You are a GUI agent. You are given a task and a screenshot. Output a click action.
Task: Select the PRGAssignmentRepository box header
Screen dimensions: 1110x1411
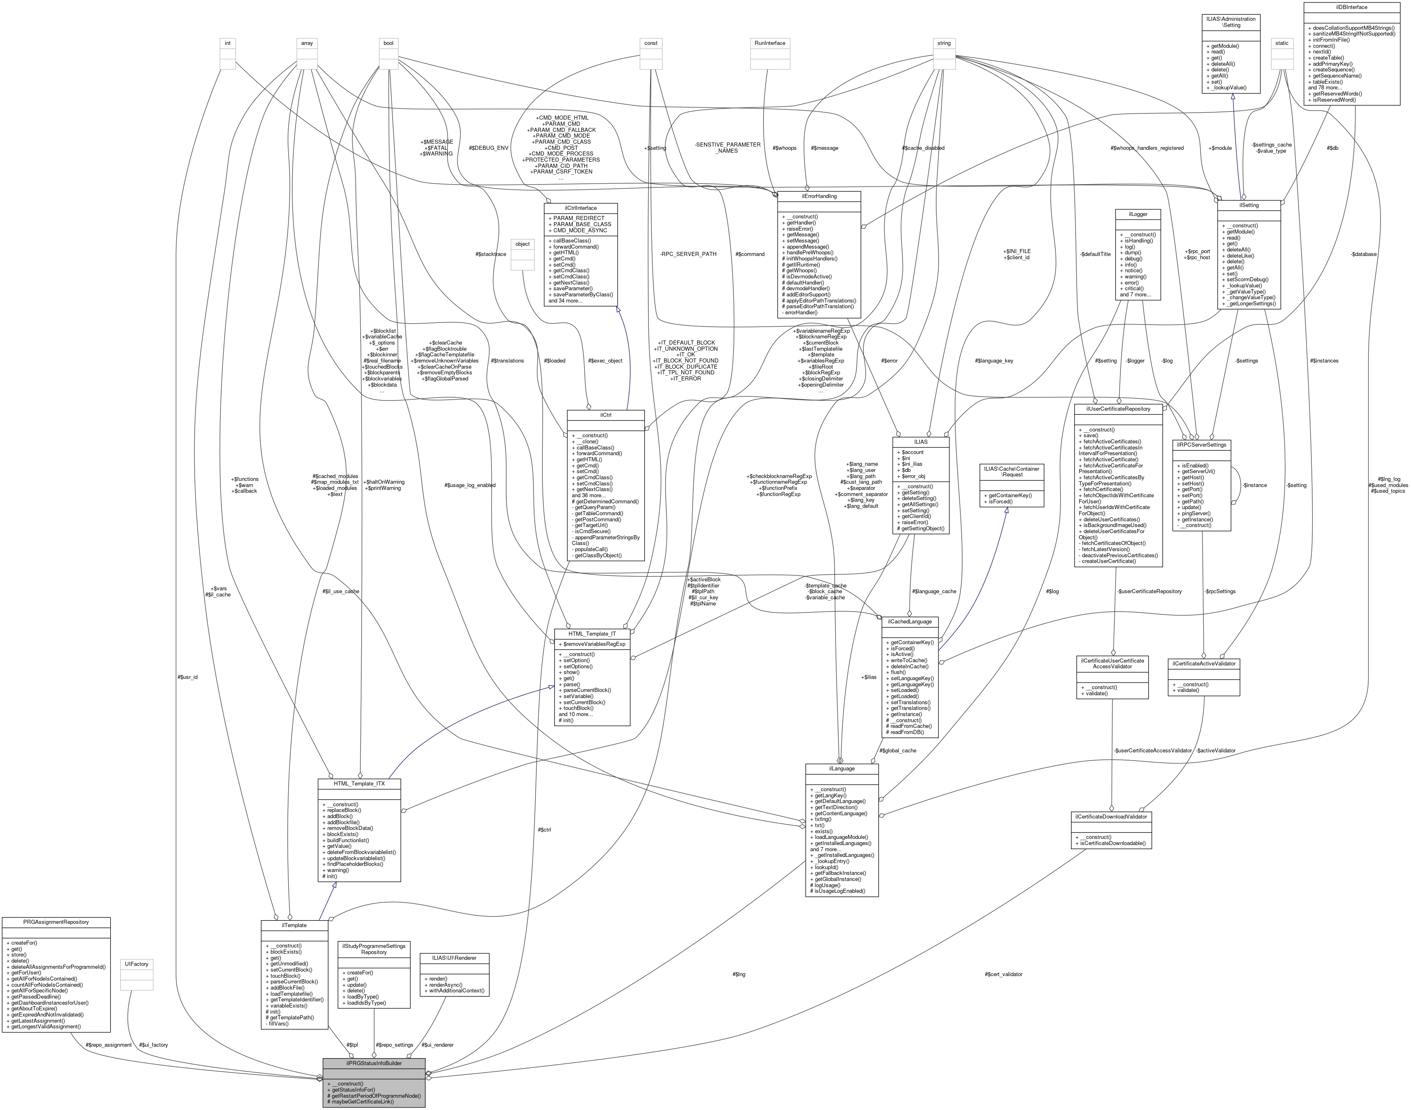pyautogui.click(x=56, y=921)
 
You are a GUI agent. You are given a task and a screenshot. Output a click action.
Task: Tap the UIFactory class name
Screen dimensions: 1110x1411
pyautogui.click(x=136, y=964)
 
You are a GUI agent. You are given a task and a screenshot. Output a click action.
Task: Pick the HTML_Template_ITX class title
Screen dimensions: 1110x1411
pyautogui.click(x=359, y=784)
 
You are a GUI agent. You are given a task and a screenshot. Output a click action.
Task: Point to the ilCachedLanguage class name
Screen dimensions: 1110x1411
pyautogui.click(x=909, y=621)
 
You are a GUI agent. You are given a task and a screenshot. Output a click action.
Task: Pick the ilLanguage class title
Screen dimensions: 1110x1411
pyautogui.click(x=842, y=768)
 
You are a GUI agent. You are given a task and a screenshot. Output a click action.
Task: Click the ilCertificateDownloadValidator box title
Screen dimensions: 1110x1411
pyautogui.click(x=1111, y=816)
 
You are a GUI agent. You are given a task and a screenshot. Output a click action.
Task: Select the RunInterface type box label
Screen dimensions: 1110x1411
pyautogui.click(x=770, y=43)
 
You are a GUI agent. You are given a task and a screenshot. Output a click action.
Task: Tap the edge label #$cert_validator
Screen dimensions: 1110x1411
pyautogui.click(x=1004, y=974)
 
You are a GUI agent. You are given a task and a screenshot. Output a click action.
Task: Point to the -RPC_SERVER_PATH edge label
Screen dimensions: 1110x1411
pyautogui.click(x=687, y=254)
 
